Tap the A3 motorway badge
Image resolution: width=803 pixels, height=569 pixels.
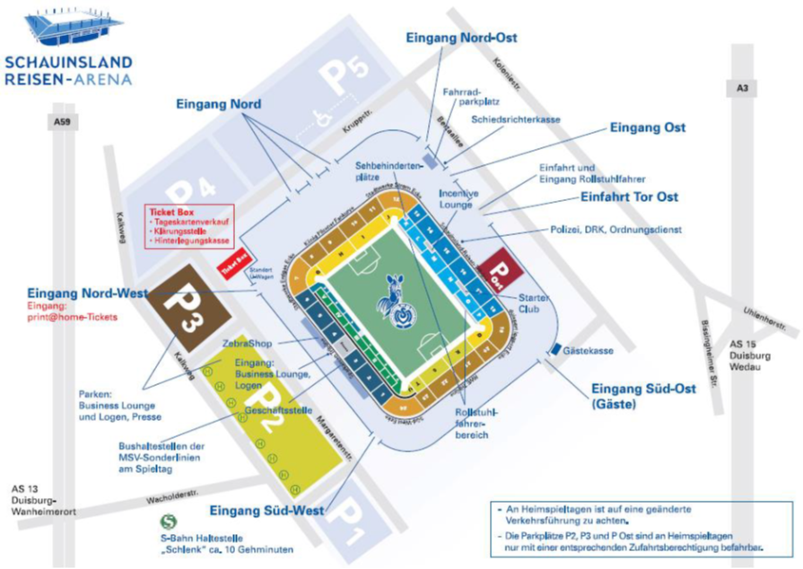741,87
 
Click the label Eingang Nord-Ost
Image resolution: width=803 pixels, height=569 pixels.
461,39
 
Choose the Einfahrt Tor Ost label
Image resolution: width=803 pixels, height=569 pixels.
629,197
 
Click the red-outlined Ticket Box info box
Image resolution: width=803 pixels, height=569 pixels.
189,226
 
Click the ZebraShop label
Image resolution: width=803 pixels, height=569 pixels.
246,343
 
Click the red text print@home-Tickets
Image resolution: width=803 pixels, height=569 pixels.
71,317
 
